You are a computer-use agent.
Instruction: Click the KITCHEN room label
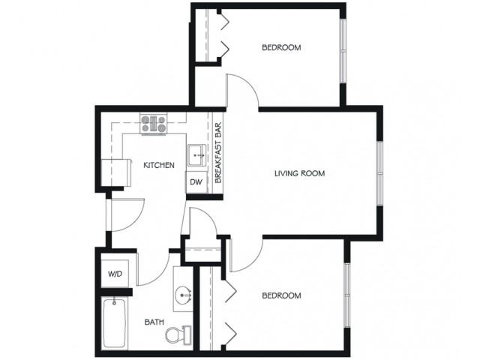[159, 165]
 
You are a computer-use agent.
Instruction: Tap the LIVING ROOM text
[300, 173]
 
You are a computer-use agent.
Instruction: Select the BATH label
[154, 322]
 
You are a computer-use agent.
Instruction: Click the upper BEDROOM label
[281, 47]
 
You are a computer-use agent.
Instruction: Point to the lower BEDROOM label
[281, 295]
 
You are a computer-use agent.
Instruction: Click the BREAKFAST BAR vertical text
[218, 153]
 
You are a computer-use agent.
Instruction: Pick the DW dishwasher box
[196, 182]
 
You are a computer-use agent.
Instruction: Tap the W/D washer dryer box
[115, 274]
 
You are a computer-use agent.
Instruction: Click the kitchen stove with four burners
[154, 124]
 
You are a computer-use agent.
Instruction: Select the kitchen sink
[197, 155]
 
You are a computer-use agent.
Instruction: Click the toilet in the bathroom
[178, 334]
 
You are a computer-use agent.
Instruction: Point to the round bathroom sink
[183, 295]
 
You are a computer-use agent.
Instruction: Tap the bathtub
[115, 323]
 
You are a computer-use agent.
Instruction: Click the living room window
[379, 173]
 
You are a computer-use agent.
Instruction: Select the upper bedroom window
[343, 51]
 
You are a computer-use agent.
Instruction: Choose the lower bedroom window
[346, 295]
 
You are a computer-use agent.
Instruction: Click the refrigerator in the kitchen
[115, 172]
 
